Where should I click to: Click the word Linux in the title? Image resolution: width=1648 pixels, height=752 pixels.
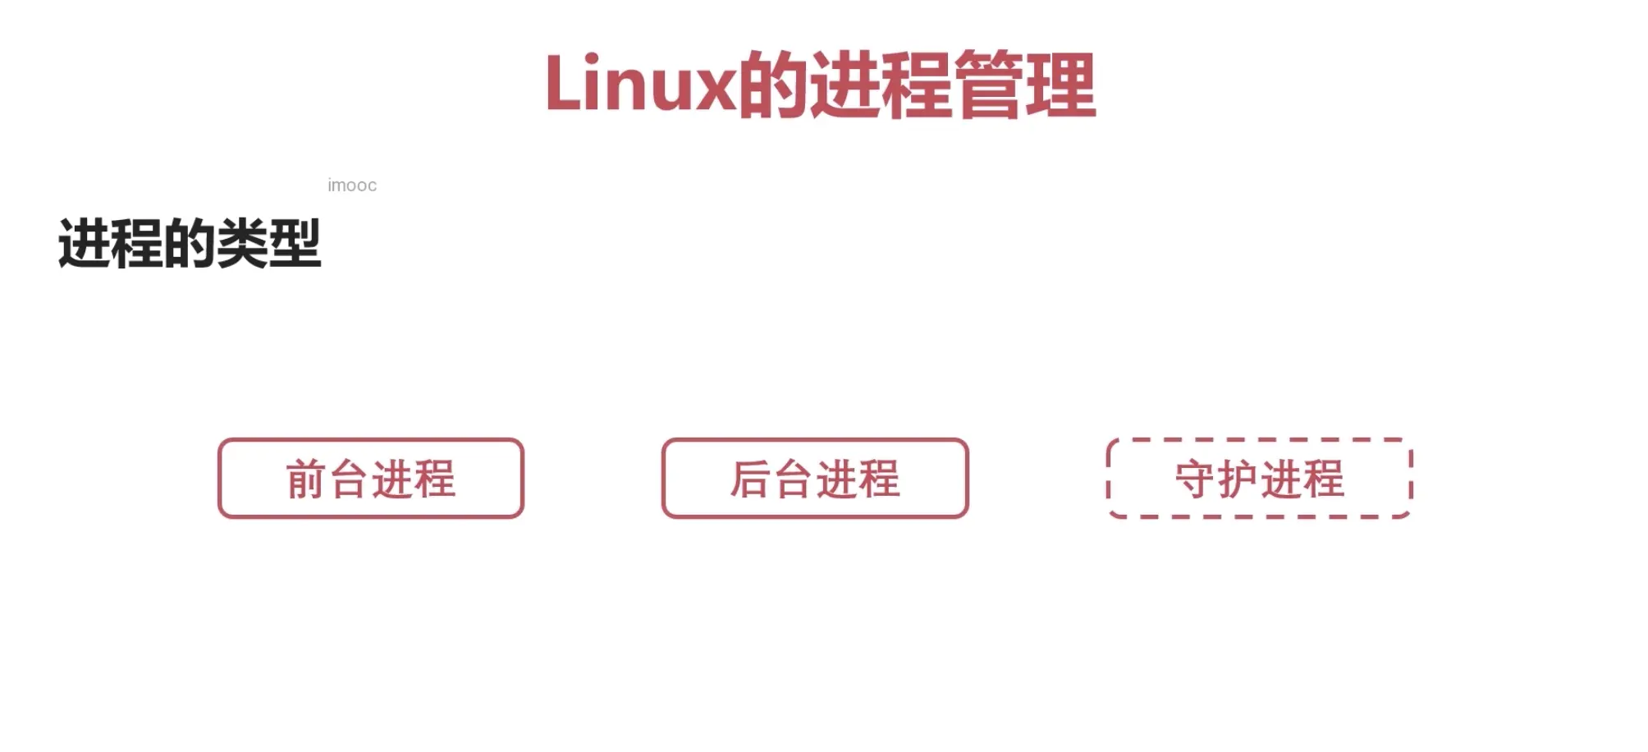pos(640,84)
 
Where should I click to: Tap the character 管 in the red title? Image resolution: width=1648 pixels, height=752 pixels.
pos(990,84)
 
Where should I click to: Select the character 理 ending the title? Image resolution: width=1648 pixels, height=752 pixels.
pos(1061,84)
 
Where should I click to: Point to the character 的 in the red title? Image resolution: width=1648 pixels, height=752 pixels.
pos(773,84)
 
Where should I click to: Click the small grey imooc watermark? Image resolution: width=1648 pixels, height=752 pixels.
pos(352,186)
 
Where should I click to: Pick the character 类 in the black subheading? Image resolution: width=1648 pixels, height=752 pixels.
pos(242,244)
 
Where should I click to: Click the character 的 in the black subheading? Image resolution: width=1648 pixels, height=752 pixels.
pos(190,244)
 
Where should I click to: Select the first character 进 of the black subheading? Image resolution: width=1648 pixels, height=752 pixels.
pos(84,244)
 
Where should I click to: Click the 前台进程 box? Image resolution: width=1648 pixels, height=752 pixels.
pos(371,479)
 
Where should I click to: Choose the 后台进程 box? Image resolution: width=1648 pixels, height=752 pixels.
pos(815,479)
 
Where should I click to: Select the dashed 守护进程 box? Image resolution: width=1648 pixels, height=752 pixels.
pos(1260,479)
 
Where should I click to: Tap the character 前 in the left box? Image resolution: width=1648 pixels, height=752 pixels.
pos(306,479)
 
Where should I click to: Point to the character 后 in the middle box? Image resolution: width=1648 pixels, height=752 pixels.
pos(750,479)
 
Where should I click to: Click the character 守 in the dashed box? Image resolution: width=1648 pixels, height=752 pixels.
pos(1195,479)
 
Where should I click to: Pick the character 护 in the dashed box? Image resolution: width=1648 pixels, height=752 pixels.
pos(1238,479)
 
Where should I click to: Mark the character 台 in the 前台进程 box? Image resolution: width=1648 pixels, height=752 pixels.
pos(349,479)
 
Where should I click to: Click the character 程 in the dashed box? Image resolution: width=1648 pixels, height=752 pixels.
pos(1324,479)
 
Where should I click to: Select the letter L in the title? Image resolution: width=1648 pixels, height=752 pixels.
pos(563,84)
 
